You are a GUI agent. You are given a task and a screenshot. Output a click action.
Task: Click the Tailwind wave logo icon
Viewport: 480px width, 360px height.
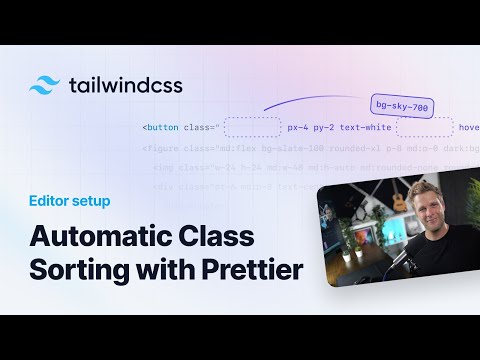coord(46,84)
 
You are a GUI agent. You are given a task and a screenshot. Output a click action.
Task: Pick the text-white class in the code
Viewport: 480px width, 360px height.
coord(367,128)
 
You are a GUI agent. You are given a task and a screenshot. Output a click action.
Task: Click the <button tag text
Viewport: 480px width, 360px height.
coord(159,128)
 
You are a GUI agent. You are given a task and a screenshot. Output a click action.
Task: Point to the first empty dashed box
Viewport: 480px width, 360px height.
coord(252,127)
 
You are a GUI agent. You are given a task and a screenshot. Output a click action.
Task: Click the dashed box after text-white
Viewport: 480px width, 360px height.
coord(423,127)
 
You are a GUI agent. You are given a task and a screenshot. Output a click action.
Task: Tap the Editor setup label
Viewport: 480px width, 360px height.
coord(69,201)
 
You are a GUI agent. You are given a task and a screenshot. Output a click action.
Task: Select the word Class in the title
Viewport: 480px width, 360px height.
coord(213,238)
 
